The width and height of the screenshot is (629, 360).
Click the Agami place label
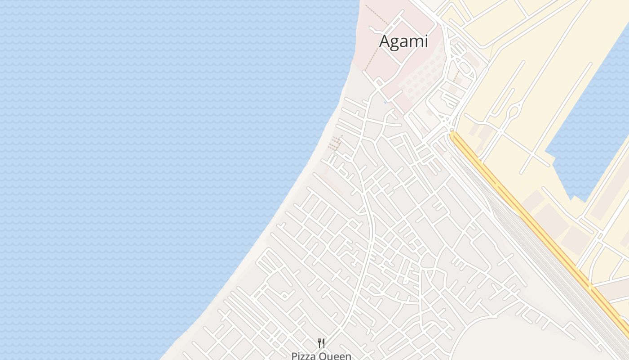tap(403, 41)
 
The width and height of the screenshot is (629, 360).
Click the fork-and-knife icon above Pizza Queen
tap(321, 343)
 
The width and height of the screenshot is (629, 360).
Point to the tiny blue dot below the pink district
tap(385, 103)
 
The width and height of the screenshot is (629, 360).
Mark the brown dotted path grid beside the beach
tap(334, 143)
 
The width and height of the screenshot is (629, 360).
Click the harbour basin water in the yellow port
tap(593, 135)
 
